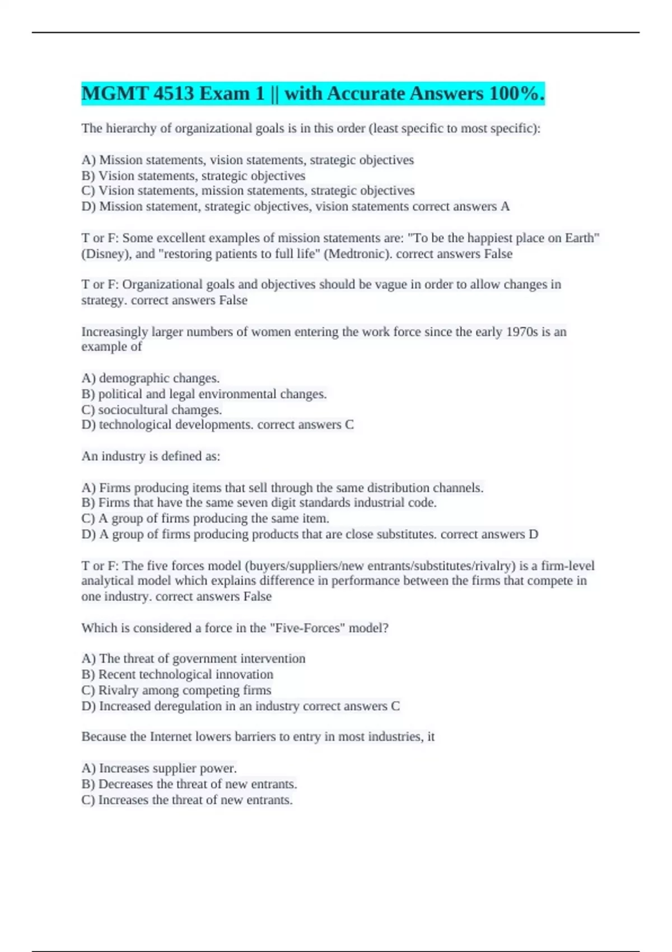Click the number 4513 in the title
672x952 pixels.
tap(172, 94)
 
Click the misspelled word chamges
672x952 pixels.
tap(196, 409)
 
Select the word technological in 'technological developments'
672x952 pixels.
tap(136, 424)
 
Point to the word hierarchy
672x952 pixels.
tap(132, 128)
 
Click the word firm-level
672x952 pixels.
tap(567, 566)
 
